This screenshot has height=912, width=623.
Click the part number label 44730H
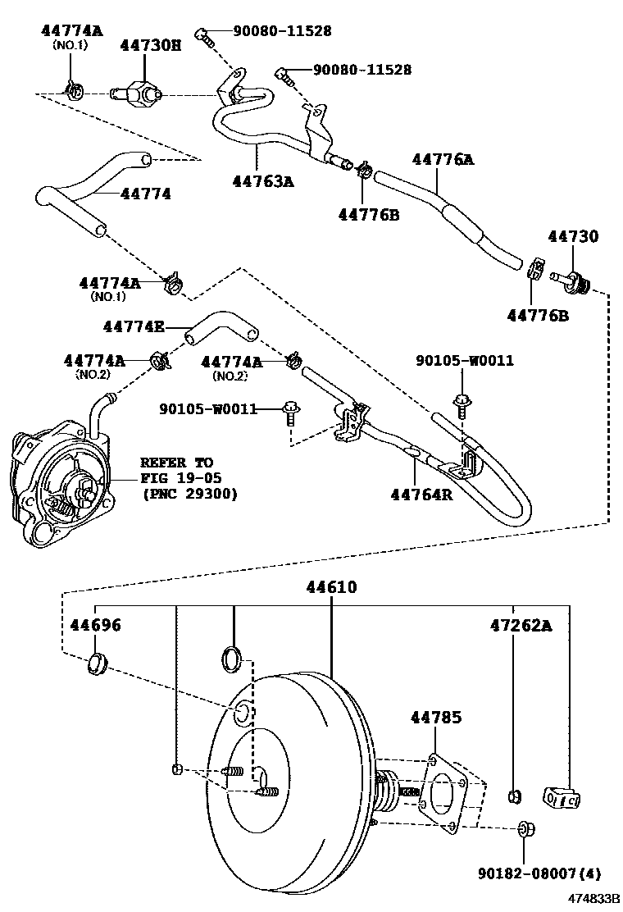151,47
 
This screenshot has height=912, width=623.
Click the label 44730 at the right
573,236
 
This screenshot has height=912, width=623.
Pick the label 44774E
134,326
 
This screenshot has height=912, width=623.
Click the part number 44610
332,587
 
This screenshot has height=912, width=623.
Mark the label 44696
93,626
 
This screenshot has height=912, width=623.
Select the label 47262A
521,626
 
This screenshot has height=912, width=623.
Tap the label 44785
435,718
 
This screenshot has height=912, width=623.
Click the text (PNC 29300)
189,494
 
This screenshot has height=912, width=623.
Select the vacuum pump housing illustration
57,485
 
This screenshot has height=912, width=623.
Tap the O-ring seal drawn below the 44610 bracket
233,658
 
